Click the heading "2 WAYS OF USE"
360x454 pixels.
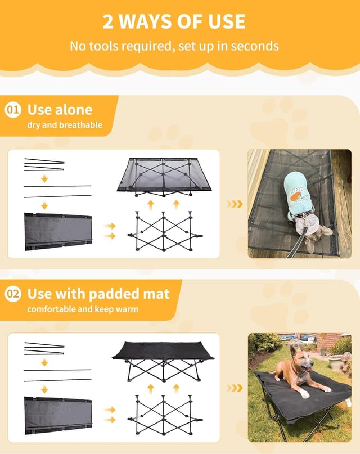pos(174,21)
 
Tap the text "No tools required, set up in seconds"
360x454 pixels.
pos(174,46)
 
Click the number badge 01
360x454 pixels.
pos(13,110)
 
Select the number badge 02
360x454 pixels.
pos(13,294)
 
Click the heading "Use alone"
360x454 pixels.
pos(60,110)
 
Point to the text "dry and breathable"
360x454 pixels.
pos(65,124)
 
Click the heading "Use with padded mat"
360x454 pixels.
pos(98,294)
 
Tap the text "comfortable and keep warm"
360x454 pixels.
pos(82,309)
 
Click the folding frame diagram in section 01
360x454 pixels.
pos(164,232)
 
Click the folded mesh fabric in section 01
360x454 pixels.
pos(57,231)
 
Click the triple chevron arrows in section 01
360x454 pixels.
pos(235,204)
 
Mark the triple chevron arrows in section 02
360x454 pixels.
pos(235,388)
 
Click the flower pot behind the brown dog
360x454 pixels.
pos(335,362)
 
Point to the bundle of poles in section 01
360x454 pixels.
pos(44,164)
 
